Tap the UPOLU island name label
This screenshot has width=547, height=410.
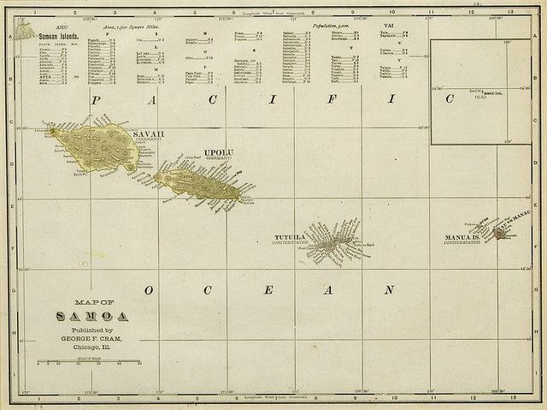[x=219, y=152]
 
